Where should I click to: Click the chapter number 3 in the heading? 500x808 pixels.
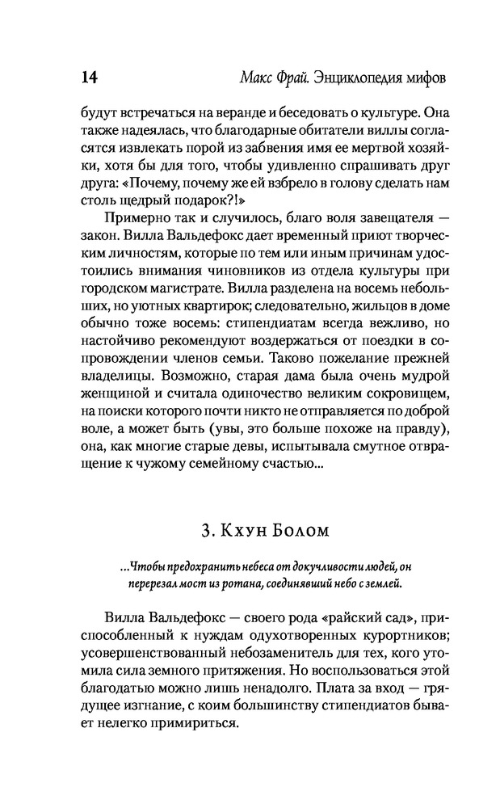coord(205,532)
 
